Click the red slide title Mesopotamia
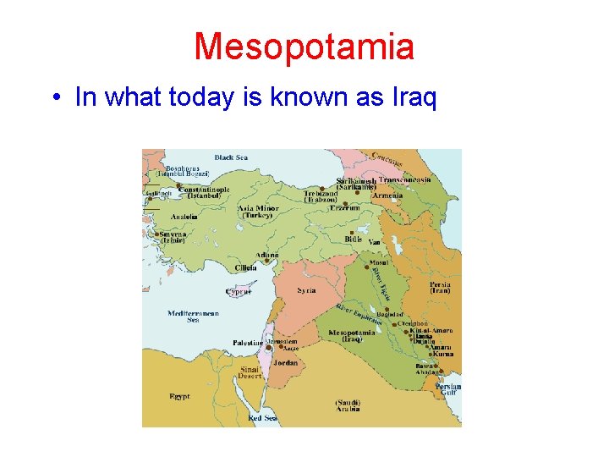[x=304, y=47]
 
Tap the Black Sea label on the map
[x=230, y=157]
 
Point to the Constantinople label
[x=204, y=190]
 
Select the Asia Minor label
[x=257, y=208]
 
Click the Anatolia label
[x=184, y=217]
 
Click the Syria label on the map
[x=306, y=290]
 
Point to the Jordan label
[x=285, y=362]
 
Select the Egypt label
[x=180, y=395]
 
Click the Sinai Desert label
[x=250, y=372]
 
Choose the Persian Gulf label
[x=448, y=388]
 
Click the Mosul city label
[x=379, y=263]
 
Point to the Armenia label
[x=387, y=195]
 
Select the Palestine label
[x=248, y=343]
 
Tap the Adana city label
[x=267, y=255]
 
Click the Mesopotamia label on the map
[x=351, y=333]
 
